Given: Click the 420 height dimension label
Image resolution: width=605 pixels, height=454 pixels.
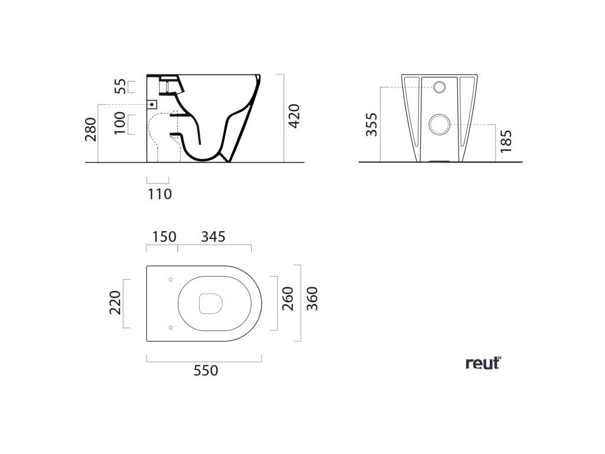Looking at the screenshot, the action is [294, 118].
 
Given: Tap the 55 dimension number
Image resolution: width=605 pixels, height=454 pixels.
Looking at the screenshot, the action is [121, 86].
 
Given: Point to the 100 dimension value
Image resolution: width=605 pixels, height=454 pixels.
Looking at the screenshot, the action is [121, 124].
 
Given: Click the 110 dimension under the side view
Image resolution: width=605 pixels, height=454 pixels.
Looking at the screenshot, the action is [160, 193].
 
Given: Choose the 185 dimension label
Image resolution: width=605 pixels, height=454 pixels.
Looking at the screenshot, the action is [505, 141].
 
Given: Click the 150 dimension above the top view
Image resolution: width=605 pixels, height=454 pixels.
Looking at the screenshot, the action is [164, 236].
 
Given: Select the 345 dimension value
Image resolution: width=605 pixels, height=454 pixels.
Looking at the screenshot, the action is [213, 236].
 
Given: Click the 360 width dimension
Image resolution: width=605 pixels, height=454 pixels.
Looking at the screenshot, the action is [313, 299].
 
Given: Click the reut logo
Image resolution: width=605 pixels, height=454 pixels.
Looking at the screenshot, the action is [483, 364].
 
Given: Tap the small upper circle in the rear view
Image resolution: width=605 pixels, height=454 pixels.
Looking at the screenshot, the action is [441, 87].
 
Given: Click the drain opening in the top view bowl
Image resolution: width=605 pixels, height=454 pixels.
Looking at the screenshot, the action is [210, 303].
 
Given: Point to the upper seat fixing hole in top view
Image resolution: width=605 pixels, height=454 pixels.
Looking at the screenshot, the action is [170, 279].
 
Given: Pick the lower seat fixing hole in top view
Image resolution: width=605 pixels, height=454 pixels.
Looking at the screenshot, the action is [170, 326].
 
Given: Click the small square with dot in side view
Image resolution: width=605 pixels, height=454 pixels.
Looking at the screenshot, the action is [152, 104].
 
